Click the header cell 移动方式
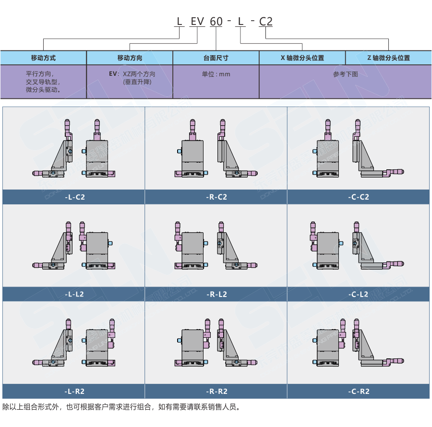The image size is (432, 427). pyautogui.click(x=43, y=58)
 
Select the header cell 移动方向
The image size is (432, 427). pyautogui.click(x=130, y=58)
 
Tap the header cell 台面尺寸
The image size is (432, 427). pyautogui.click(x=216, y=58)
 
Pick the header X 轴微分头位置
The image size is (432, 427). pyautogui.click(x=302, y=58)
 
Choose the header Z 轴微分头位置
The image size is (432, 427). pyautogui.click(x=388, y=58)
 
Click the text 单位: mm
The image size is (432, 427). pyautogui.click(x=216, y=74)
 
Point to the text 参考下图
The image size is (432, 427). pyautogui.click(x=345, y=74)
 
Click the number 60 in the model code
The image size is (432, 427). pyautogui.click(x=216, y=22)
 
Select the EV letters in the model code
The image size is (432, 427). pyautogui.click(x=197, y=22)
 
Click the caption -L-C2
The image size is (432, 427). pyautogui.click(x=74, y=197)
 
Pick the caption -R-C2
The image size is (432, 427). pyautogui.click(x=216, y=197)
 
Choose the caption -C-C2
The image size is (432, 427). pyautogui.click(x=359, y=197)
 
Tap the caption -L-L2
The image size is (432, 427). pyautogui.click(x=74, y=294)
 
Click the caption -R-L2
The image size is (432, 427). pyautogui.click(x=216, y=294)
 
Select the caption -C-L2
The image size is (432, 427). pyautogui.click(x=359, y=294)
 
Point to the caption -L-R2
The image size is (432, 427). pyautogui.click(x=74, y=391)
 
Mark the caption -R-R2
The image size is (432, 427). pyautogui.click(x=216, y=391)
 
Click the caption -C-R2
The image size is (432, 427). pyautogui.click(x=359, y=391)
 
